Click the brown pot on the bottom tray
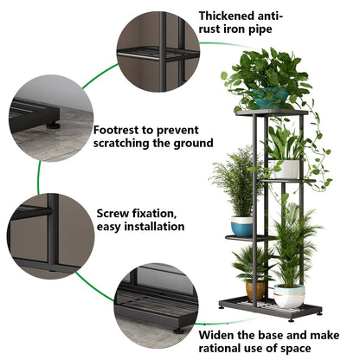click(x=254, y=288)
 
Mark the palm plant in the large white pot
click(x=290, y=242)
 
